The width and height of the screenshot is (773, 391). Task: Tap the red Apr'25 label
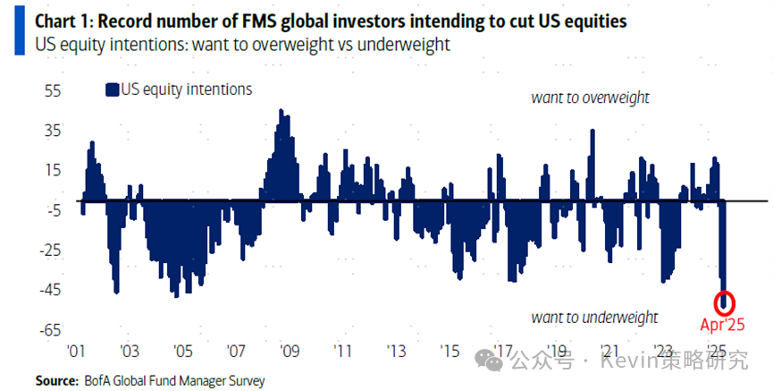[x=722, y=324]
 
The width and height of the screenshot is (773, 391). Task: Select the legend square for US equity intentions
[x=112, y=89]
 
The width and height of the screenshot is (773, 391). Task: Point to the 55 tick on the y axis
[x=53, y=90]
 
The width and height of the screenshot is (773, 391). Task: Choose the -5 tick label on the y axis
[x=53, y=210]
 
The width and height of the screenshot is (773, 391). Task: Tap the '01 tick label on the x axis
[x=76, y=351]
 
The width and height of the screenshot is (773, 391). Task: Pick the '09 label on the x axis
[x=288, y=351]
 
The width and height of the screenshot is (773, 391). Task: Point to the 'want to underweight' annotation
[x=594, y=318]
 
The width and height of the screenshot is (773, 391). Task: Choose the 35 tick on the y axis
[x=53, y=131]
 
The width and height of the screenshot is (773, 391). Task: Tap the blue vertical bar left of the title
[x=20, y=31]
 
